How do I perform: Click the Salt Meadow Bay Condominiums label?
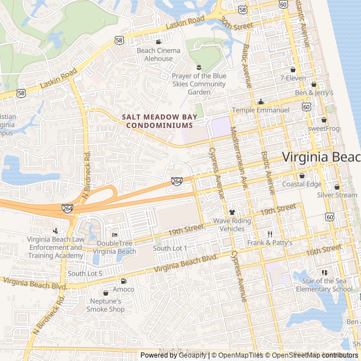click(161, 121)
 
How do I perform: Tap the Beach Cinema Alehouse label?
click(159, 54)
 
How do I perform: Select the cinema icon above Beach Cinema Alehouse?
click(159, 42)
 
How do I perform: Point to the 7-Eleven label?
click(293, 77)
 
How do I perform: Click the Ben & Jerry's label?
click(314, 93)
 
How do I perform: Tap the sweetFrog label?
click(324, 129)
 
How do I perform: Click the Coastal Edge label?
click(302, 184)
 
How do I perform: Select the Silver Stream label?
click(337, 195)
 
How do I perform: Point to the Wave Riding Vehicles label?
click(232, 224)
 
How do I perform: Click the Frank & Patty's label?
click(270, 243)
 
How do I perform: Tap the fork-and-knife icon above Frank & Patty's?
click(270, 234)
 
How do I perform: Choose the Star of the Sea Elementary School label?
click(327, 285)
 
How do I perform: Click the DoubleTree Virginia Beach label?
click(115, 248)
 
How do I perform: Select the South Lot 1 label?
click(170, 248)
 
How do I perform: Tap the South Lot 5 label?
click(85, 274)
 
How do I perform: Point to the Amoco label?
click(124, 289)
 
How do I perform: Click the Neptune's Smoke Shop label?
click(105, 305)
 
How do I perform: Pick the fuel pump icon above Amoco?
click(124, 281)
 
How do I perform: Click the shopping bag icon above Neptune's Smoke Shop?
click(105, 293)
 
